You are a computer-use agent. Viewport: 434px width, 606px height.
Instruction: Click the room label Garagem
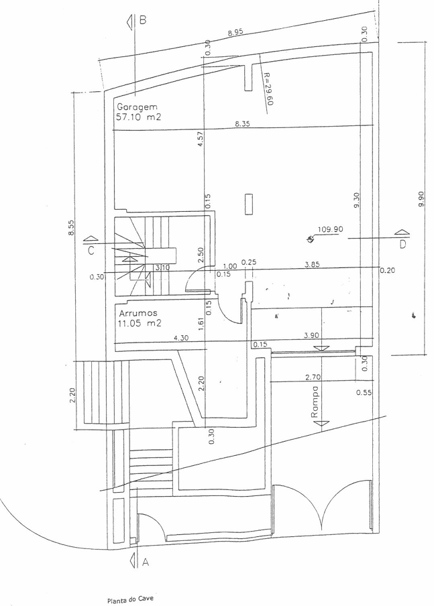coord(137,107)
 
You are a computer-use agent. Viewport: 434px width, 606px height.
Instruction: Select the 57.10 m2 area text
coord(138,117)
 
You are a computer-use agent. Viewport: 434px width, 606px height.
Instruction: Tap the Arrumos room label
coord(138,313)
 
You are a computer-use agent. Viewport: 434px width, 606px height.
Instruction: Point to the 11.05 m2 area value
coord(140,323)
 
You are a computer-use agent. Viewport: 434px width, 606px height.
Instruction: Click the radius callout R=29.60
coord(268,88)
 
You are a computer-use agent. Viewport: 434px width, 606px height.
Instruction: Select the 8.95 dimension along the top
coord(235,32)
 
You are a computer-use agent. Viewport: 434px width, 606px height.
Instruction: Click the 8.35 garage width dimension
coord(243,123)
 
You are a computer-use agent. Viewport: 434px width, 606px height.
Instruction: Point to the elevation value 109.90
coord(330,229)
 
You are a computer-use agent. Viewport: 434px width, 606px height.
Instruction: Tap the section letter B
coord(143,19)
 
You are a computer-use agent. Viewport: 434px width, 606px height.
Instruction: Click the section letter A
coord(146,562)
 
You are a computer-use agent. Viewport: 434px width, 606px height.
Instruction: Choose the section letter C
coord(91,251)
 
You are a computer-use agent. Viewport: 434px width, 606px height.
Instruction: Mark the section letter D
coord(402,244)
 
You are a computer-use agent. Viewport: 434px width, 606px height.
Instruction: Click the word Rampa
coord(315,402)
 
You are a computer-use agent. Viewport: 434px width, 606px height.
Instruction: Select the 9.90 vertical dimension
coord(421,198)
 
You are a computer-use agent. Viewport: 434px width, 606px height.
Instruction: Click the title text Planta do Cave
coord(130,599)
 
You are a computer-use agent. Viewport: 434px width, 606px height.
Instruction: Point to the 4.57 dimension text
coord(200,139)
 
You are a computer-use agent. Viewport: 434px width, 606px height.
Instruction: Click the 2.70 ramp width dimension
coord(313,377)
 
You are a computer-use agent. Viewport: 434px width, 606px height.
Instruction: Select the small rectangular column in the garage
coord(248,204)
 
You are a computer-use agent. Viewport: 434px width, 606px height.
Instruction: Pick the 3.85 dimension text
coord(312,265)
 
